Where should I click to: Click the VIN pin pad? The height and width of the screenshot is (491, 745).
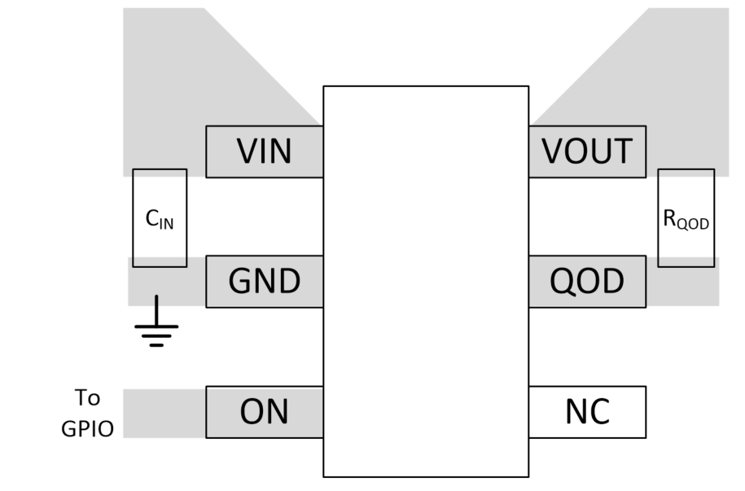click(265, 151)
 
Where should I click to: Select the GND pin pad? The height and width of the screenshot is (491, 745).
click(265, 282)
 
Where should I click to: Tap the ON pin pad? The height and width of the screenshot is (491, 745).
click(265, 412)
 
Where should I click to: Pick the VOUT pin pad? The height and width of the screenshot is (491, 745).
click(587, 151)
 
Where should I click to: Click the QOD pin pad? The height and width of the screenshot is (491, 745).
click(587, 282)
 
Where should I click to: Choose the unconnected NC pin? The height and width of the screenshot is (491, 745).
click(587, 412)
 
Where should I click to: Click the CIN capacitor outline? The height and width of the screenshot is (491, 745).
click(160, 195)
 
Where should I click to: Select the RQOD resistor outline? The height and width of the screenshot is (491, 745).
click(686, 195)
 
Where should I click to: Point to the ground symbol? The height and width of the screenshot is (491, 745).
click(156, 330)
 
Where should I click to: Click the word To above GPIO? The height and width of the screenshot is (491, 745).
click(87, 398)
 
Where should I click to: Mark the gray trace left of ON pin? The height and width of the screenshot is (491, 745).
click(164, 413)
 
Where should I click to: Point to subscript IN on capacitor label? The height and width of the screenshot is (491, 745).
click(166, 221)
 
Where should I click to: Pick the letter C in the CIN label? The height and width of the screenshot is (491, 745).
click(151, 217)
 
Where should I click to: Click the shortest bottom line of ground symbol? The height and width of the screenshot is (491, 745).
click(156, 344)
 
